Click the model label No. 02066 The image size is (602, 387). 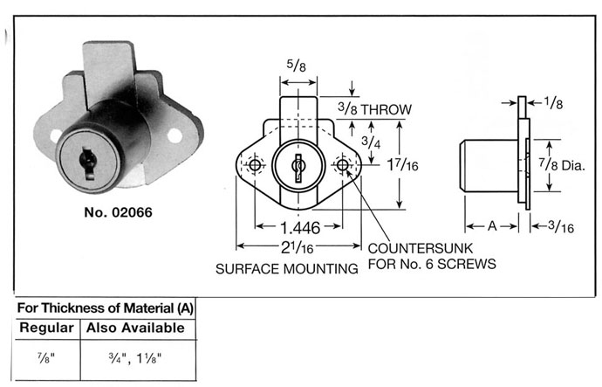click(118, 212)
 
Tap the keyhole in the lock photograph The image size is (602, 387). click(88, 163)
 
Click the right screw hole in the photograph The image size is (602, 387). click(174, 135)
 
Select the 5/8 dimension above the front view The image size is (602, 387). click(297, 66)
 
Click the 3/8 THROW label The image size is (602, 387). click(374, 109)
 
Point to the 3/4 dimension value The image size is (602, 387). click(371, 142)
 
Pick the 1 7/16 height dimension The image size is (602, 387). click(402, 164)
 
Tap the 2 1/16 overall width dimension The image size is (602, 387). click(298, 247)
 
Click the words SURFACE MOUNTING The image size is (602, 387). click(287, 269)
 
